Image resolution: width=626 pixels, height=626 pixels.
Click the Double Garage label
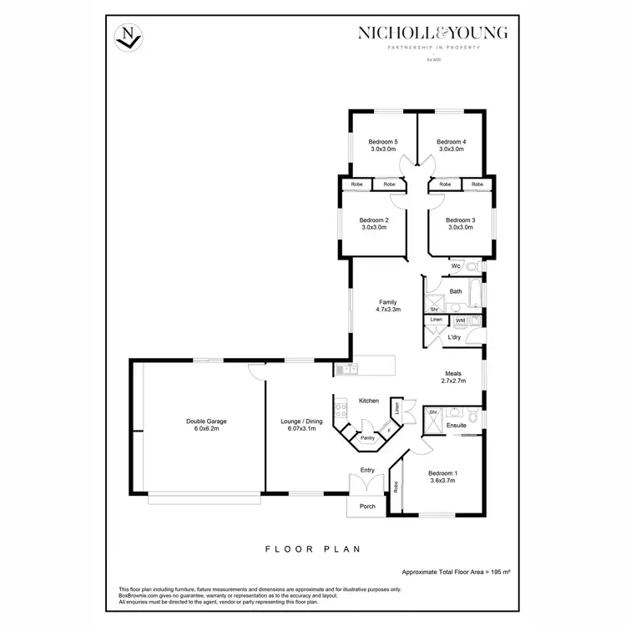pyautogui.click(x=206, y=422)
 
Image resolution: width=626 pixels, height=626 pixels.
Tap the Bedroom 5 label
pyautogui.click(x=383, y=142)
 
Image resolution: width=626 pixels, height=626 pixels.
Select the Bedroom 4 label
pyautogui.click(x=451, y=142)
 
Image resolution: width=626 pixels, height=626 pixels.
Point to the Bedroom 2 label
pyautogui.click(x=375, y=220)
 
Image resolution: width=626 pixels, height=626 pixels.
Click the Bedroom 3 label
pyautogui.click(x=461, y=220)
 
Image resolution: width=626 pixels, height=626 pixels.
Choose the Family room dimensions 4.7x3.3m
pyautogui.click(x=388, y=310)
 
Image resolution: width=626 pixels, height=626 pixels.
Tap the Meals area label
pyautogui.click(x=453, y=375)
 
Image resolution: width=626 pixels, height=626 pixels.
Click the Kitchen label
pyautogui.click(x=369, y=401)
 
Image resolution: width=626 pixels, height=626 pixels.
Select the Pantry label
pyautogui.click(x=366, y=437)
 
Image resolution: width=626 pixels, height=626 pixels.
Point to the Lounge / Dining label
pyautogui.click(x=298, y=422)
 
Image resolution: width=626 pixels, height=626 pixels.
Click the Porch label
pyautogui.click(x=367, y=507)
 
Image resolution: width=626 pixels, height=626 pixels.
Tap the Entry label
pyautogui.click(x=367, y=470)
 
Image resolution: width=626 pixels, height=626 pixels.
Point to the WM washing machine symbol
pyautogui.click(x=459, y=320)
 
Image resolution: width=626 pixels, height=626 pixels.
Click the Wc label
pyautogui.click(x=456, y=266)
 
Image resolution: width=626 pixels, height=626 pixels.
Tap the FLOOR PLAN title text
pyautogui.click(x=312, y=549)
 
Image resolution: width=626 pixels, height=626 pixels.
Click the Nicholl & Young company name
pyautogui.click(x=432, y=33)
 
